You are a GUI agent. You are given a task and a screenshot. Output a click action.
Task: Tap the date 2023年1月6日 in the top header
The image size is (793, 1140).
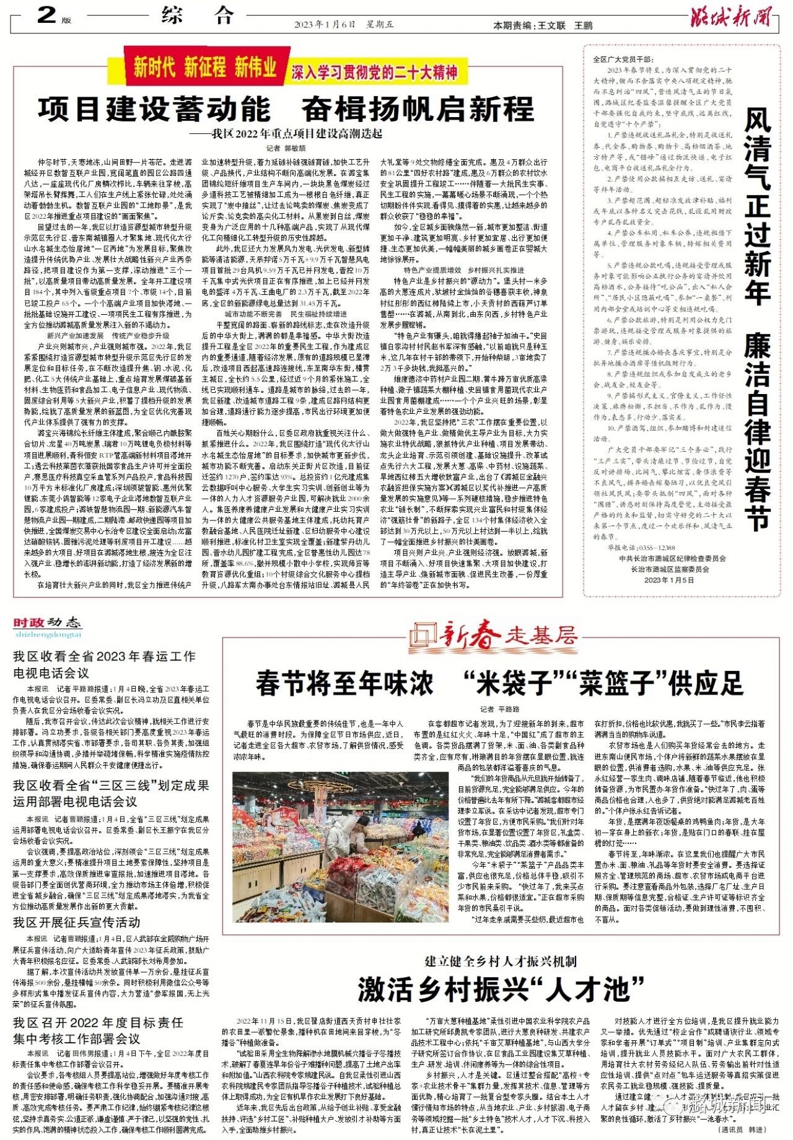(325, 25)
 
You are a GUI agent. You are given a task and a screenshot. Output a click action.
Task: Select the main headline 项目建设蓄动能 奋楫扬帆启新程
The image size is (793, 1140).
(286, 110)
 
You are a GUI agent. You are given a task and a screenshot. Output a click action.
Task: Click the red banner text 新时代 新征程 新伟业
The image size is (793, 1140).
(204, 68)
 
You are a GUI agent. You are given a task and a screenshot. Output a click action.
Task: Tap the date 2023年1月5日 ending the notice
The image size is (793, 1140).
(669, 580)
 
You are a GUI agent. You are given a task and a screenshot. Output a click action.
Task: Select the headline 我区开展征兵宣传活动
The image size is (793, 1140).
(77, 922)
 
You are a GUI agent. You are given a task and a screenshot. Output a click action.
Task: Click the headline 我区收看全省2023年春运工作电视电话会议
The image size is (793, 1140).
(104, 664)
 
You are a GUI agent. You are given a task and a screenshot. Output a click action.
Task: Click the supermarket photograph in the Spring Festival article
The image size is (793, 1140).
(340, 846)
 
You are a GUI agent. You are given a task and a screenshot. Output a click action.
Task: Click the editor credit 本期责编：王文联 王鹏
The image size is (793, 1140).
(542, 25)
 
